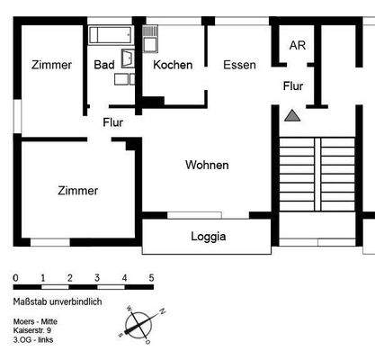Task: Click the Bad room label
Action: tap(103, 65)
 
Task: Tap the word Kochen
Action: tap(173, 65)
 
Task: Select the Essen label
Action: tap(239, 65)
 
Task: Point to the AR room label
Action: tap(296, 46)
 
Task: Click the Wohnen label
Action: tap(207, 166)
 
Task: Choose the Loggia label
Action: tap(208, 238)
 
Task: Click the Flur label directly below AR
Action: tap(293, 87)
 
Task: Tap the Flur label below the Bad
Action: tap(112, 122)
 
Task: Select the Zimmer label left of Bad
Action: tap(51, 65)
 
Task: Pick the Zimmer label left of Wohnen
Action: tap(77, 191)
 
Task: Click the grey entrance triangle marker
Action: tap(291, 115)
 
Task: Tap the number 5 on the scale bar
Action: tap(151, 277)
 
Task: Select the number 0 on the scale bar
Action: tap(15, 277)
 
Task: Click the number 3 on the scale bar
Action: tap(96, 277)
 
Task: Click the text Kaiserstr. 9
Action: tap(33, 329)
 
